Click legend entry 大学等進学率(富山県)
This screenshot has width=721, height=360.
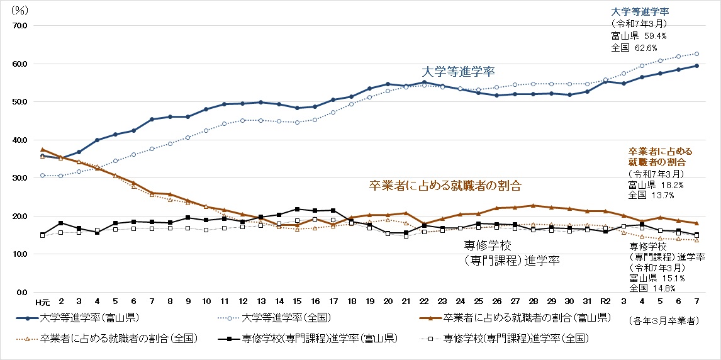coord(89,318)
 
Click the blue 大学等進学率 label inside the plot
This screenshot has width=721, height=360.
coord(458,71)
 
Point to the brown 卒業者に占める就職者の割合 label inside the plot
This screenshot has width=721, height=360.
coord(445,186)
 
